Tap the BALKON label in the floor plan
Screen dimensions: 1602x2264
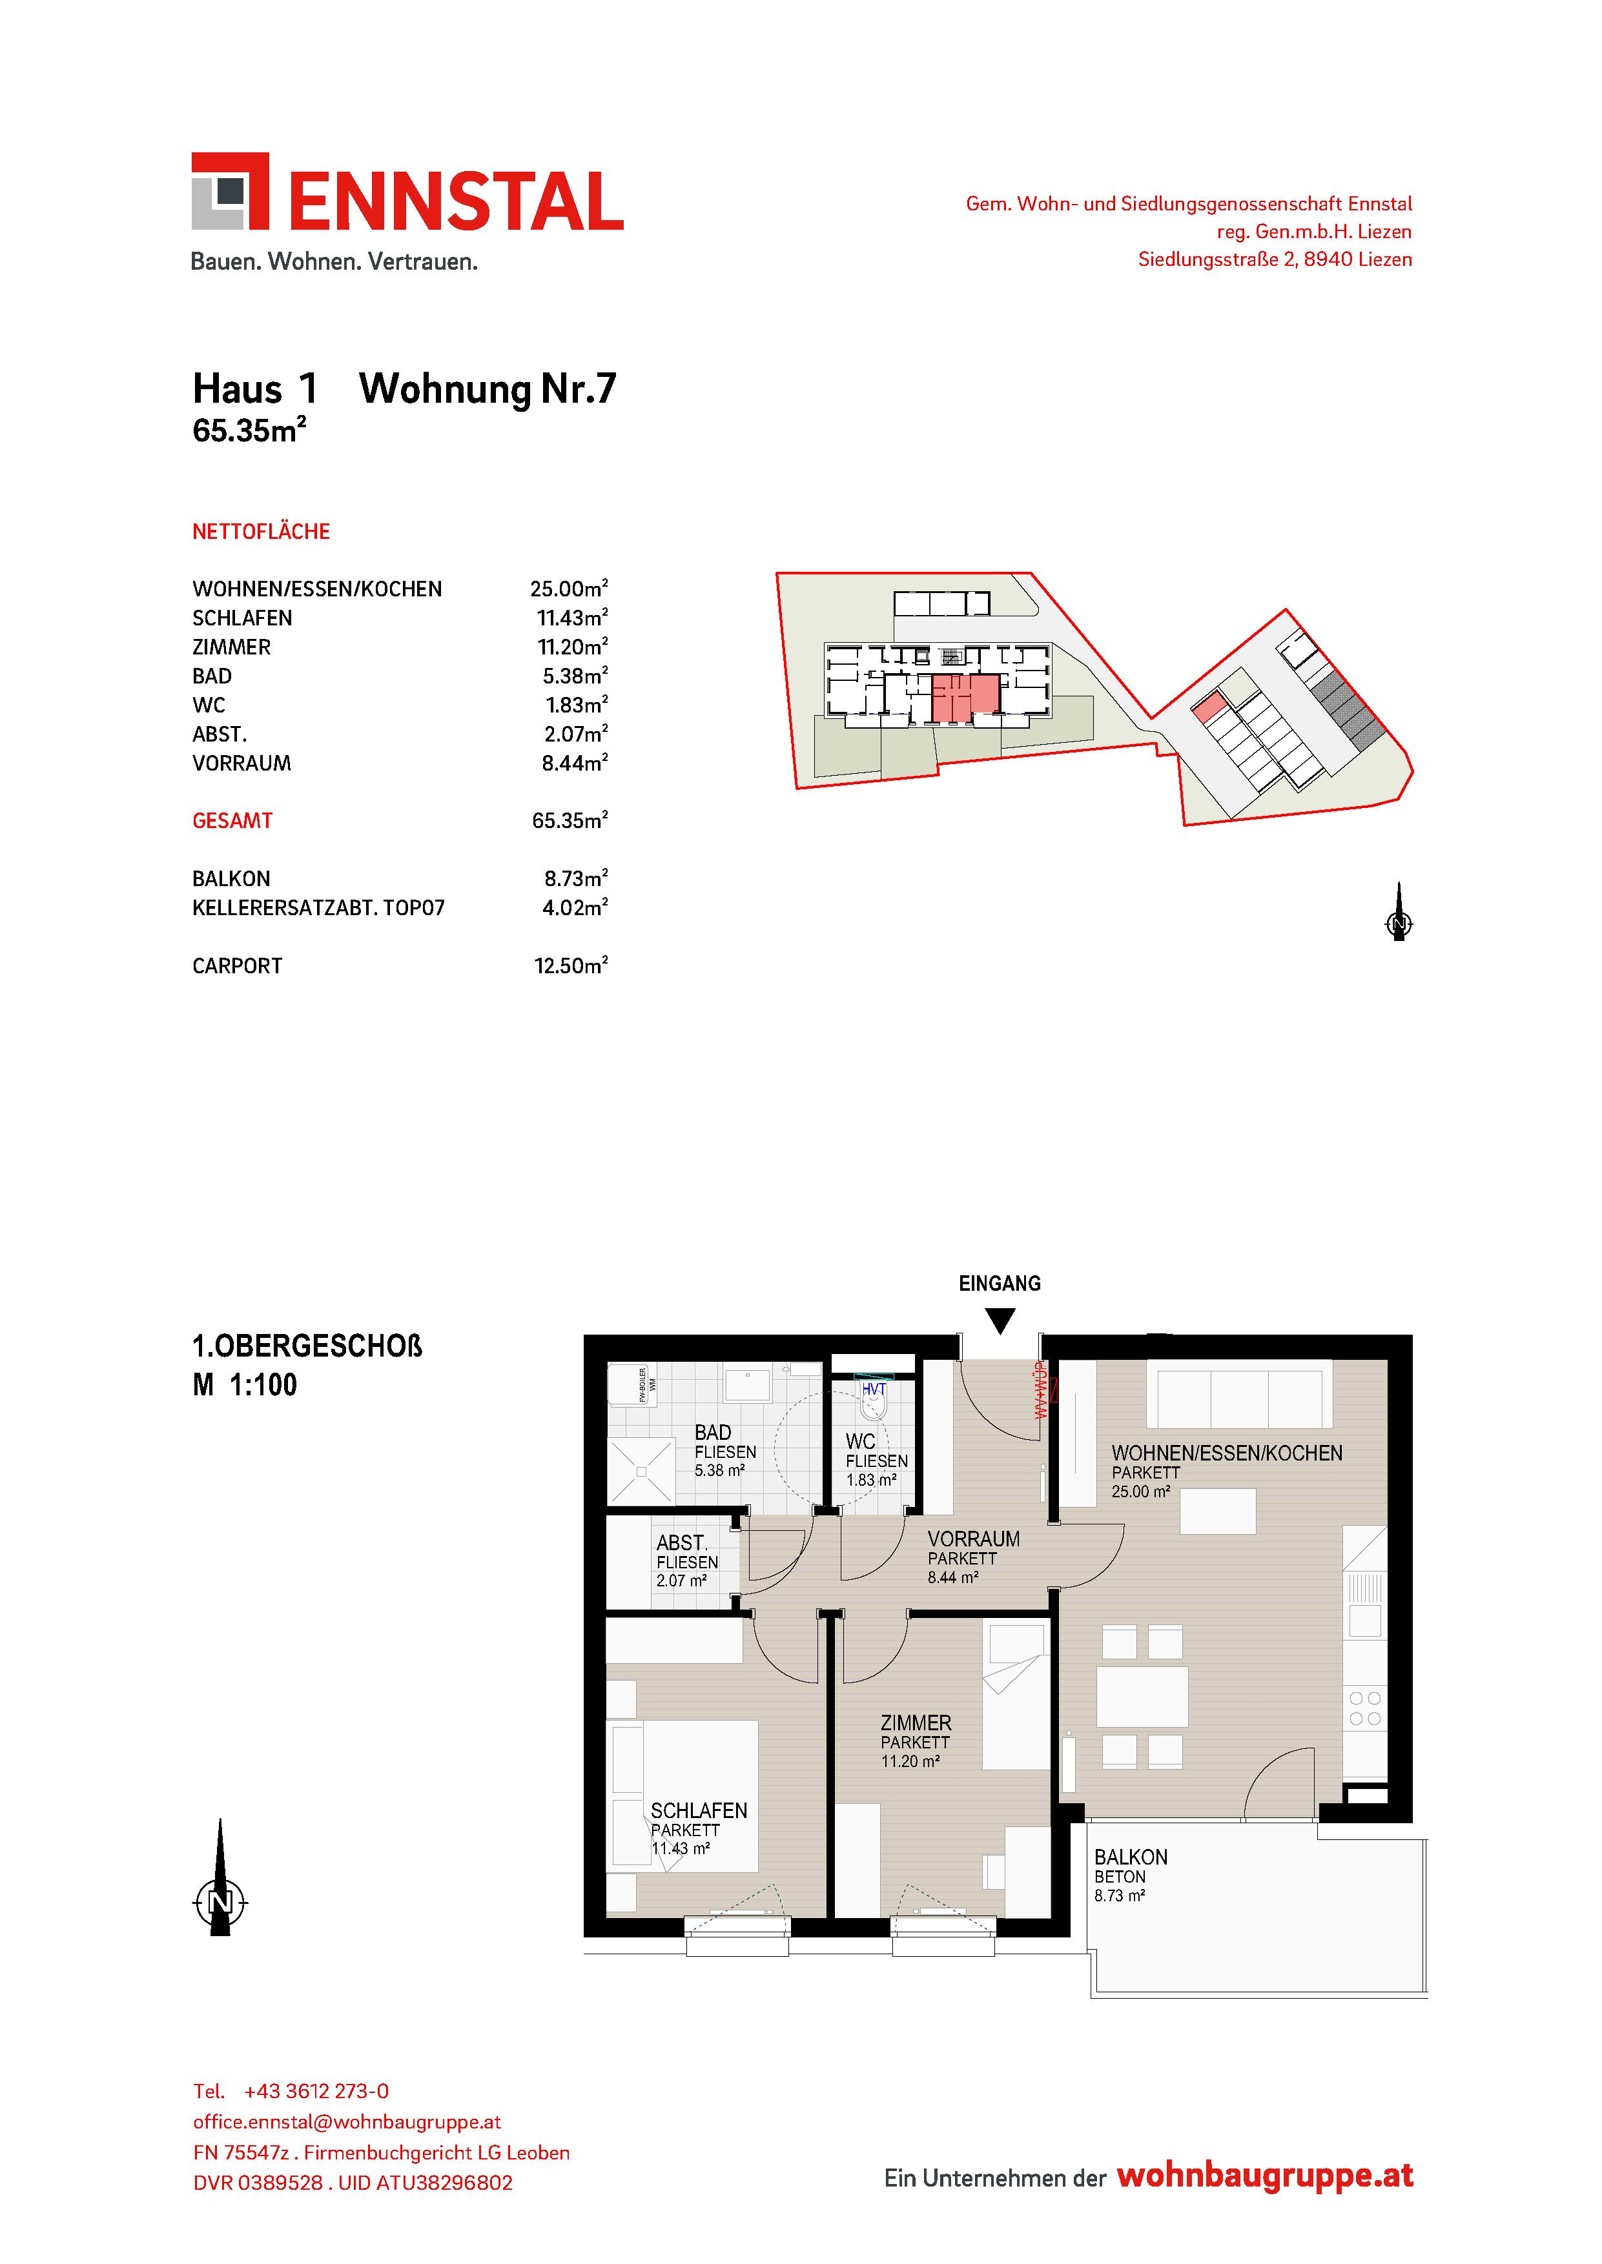tap(1131, 1857)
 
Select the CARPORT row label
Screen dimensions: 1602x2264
tap(237, 966)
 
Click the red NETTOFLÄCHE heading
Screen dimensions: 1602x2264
tap(260, 532)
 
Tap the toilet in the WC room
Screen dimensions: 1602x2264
tap(874, 1400)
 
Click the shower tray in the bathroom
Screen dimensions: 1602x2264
tap(640, 1471)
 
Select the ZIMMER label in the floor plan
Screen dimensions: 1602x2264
tap(916, 1723)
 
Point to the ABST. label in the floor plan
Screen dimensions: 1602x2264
tap(682, 1543)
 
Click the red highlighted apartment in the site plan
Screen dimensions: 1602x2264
tap(966, 698)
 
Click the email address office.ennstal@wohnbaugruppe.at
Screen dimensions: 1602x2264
tap(347, 2122)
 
